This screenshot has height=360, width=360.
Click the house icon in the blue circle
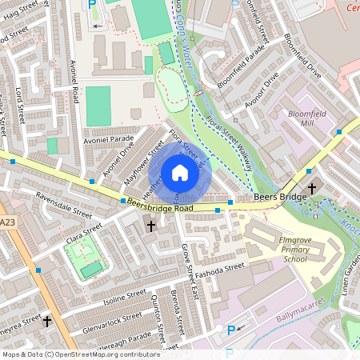click(x=180, y=173)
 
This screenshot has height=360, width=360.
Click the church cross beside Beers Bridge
click(x=311, y=188)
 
